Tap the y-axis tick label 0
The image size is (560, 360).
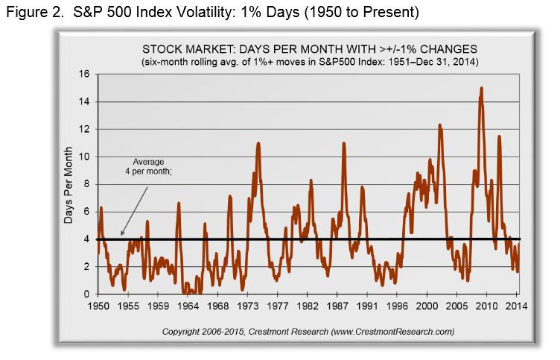pos(88,294)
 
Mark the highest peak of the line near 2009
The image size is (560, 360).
pos(482,88)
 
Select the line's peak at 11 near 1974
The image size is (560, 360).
pos(258,143)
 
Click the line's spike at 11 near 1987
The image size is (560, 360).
pos(343,143)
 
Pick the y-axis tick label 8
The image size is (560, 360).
pos(88,184)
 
